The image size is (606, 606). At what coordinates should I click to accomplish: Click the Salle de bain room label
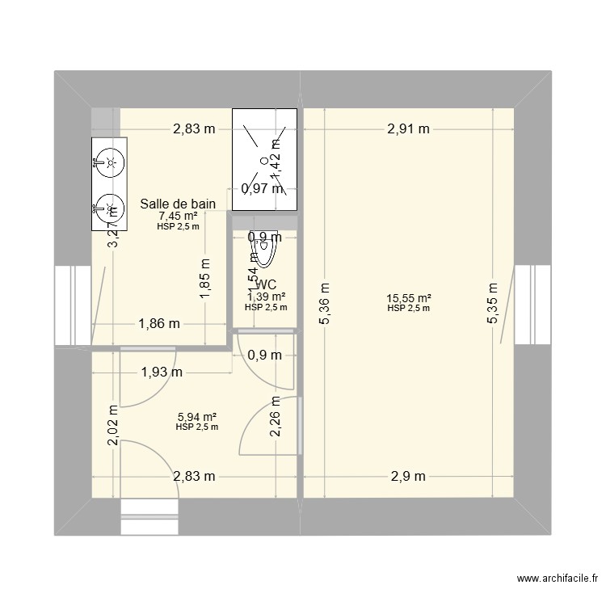[x=178, y=204]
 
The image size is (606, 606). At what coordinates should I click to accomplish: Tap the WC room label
[x=267, y=285]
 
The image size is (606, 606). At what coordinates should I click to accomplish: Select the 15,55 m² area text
[x=408, y=297]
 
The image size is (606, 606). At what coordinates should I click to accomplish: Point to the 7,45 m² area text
[x=178, y=216]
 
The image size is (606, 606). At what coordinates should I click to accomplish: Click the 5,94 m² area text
[x=196, y=416]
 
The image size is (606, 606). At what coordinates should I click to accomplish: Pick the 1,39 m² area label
[x=267, y=297]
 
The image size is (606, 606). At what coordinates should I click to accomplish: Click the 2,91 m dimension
[x=408, y=128]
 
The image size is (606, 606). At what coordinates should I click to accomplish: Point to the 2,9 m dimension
[x=408, y=477]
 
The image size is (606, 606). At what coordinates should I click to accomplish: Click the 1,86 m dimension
[x=158, y=324]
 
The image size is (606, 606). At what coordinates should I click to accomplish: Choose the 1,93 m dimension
[x=162, y=372]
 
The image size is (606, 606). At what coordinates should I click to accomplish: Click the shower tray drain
[x=263, y=160]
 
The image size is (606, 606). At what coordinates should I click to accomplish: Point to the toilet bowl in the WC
[x=267, y=252]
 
